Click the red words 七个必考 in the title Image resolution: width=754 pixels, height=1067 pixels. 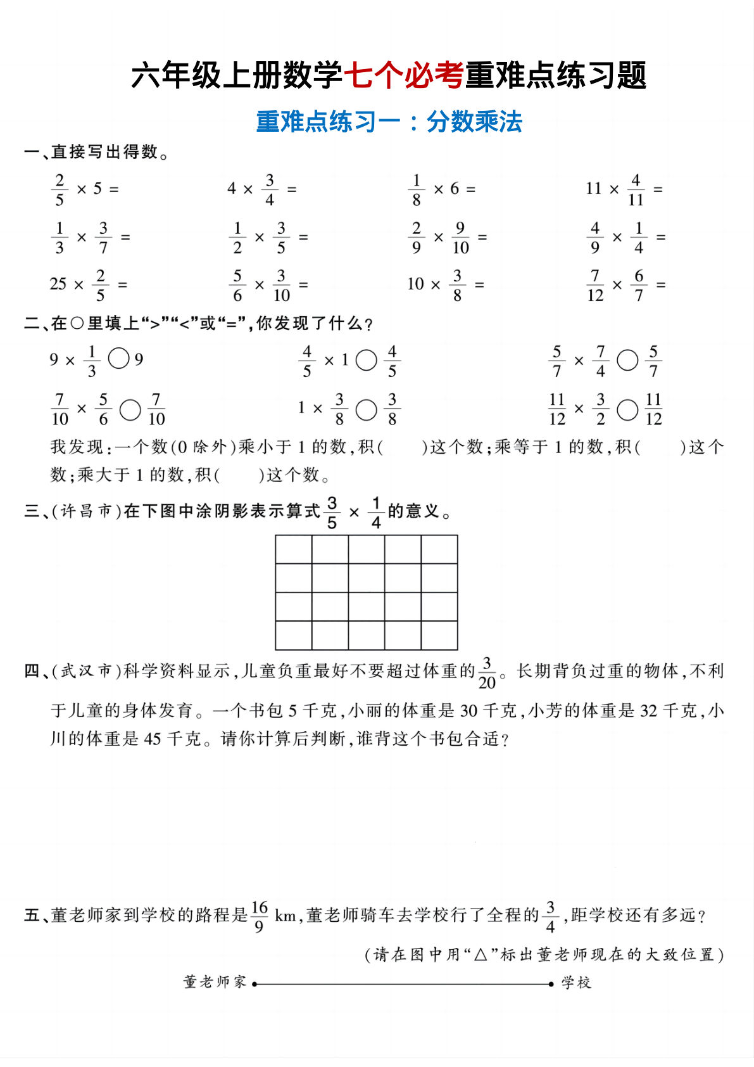pyautogui.click(x=403, y=75)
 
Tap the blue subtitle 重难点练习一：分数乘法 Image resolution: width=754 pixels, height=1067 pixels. pyautogui.click(x=389, y=122)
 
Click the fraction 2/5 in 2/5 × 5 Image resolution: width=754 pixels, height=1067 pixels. pyautogui.click(x=60, y=189)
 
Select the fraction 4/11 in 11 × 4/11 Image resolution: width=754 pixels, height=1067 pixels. pyautogui.click(x=636, y=189)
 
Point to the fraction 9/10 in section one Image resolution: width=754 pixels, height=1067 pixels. pyautogui.click(x=460, y=238)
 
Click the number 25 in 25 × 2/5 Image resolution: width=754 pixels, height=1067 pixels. pyautogui.click(x=58, y=284)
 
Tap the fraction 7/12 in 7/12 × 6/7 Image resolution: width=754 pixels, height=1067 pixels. pyautogui.click(x=595, y=285)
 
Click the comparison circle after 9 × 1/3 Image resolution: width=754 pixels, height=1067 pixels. pyautogui.click(x=119, y=359)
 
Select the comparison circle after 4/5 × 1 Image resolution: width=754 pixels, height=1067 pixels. pyautogui.click(x=366, y=361)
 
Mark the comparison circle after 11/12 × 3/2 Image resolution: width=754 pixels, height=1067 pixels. pyautogui.click(x=627, y=409)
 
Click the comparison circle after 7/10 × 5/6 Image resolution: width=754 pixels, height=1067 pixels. pyautogui.click(x=130, y=409)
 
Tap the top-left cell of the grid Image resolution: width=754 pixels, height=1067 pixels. pyautogui.click(x=294, y=549)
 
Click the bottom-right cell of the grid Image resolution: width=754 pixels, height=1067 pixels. pyautogui.click(x=439, y=635)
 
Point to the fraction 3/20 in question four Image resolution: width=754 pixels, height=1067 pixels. pyautogui.click(x=487, y=673)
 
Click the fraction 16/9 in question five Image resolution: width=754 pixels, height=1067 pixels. pyautogui.click(x=260, y=916)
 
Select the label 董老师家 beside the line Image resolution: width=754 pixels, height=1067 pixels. pyautogui.click(x=215, y=982)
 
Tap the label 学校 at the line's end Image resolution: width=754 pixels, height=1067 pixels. pyautogui.click(x=576, y=983)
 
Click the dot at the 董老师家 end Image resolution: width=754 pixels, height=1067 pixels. pyautogui.click(x=254, y=984)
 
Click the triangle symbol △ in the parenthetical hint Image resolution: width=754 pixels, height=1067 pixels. pyautogui.click(x=481, y=954)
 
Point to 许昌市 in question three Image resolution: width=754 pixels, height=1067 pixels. pyautogui.click(x=87, y=511)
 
